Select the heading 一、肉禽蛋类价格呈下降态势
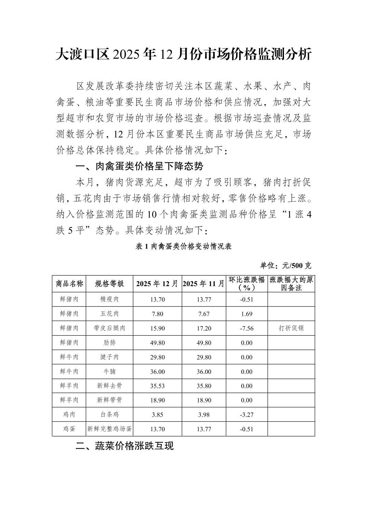click(x=139, y=166)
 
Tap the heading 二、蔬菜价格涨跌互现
click(x=125, y=446)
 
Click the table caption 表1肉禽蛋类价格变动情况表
click(x=183, y=247)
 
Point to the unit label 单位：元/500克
click(x=286, y=265)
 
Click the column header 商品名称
click(x=69, y=283)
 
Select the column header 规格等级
click(x=109, y=283)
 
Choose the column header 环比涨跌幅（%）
click(x=247, y=283)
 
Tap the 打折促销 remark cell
click(x=291, y=328)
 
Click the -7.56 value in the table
click(x=247, y=328)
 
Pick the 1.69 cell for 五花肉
click(x=247, y=314)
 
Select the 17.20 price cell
click(x=204, y=328)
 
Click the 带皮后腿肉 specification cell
click(x=109, y=328)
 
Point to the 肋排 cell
click(x=109, y=342)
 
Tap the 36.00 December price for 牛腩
click(x=157, y=371)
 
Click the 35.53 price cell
click(x=157, y=386)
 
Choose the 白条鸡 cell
click(x=109, y=415)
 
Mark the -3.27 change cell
click(x=247, y=415)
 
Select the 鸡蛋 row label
click(x=69, y=429)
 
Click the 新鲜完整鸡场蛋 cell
click(x=109, y=429)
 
